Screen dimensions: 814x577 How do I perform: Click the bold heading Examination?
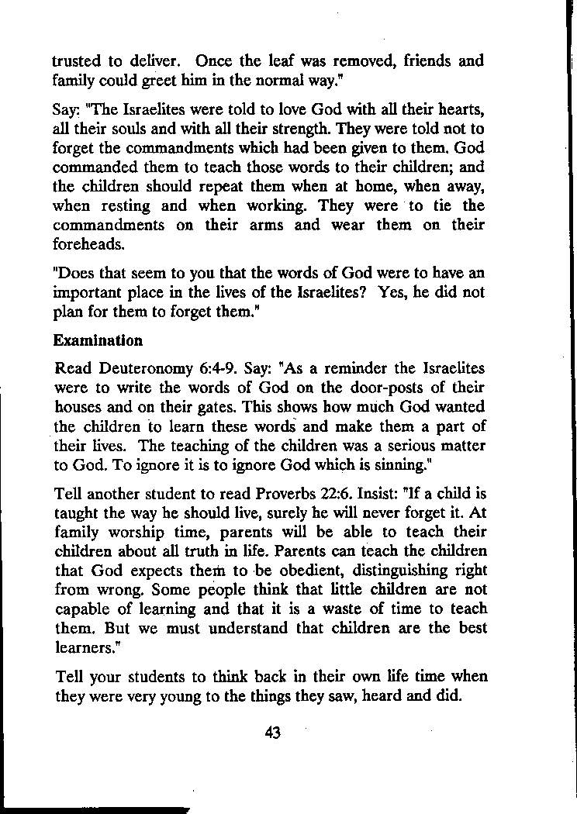98,340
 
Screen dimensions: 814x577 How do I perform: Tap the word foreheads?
87,244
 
